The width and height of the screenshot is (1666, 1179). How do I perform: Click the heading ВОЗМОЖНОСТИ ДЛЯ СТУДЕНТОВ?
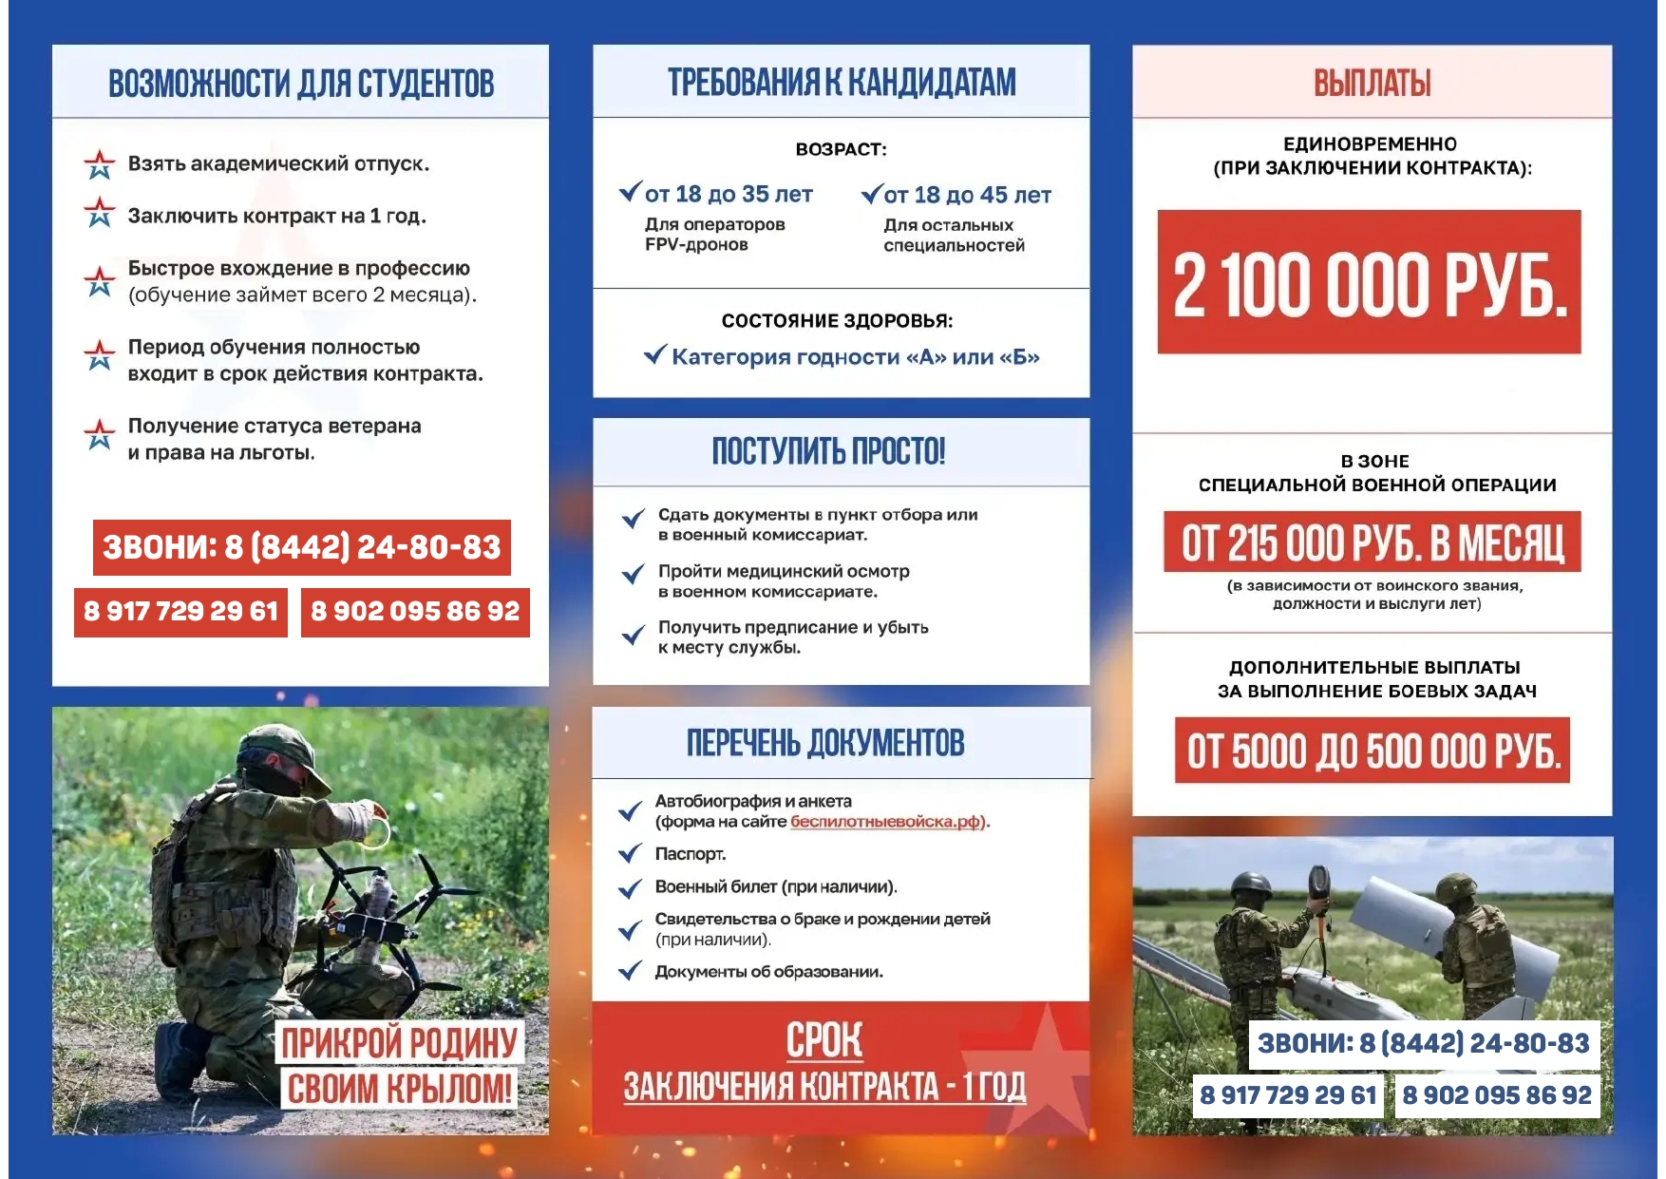coord(301,84)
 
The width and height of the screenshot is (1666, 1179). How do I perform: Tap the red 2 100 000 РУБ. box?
coord(1369,282)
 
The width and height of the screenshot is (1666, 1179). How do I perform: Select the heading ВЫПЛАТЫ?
coord(1372,84)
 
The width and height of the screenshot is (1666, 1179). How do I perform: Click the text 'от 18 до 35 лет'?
coord(729,195)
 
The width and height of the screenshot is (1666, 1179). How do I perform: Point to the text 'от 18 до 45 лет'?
coord(967,196)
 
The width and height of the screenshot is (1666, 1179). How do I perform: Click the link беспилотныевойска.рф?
coord(887,822)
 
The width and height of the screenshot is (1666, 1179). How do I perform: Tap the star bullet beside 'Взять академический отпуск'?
coord(100,164)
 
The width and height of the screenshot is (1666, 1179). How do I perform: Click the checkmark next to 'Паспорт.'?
coord(630,854)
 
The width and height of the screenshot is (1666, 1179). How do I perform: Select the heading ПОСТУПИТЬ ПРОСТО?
coord(828,451)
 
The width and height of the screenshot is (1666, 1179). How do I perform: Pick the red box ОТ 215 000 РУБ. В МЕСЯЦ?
coord(1372,542)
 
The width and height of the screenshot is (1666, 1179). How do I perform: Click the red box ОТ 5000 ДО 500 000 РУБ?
coord(1372,751)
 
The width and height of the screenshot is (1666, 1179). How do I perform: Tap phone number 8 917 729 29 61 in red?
coord(180,611)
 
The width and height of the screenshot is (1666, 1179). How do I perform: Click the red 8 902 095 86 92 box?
coord(415,611)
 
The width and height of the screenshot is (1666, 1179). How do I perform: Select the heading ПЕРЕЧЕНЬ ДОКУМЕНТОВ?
coord(825,743)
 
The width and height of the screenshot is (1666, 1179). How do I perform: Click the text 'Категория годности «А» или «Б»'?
coord(855,357)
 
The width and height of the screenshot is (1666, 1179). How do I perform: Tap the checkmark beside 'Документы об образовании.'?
coord(630,972)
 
